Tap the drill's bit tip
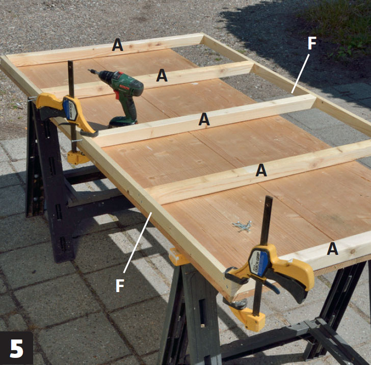tap(89, 70)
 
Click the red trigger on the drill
tap(117, 94)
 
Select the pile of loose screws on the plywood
tap(242, 225)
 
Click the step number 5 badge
tap(16, 348)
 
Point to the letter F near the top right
tap(312, 43)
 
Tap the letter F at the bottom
tap(120, 285)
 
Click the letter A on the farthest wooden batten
tap(117, 45)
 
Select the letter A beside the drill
tap(162, 75)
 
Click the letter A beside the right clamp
tap(332, 249)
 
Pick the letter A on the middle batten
tap(204, 119)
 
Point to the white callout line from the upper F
tap(300, 73)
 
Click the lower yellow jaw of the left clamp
tap(76, 157)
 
